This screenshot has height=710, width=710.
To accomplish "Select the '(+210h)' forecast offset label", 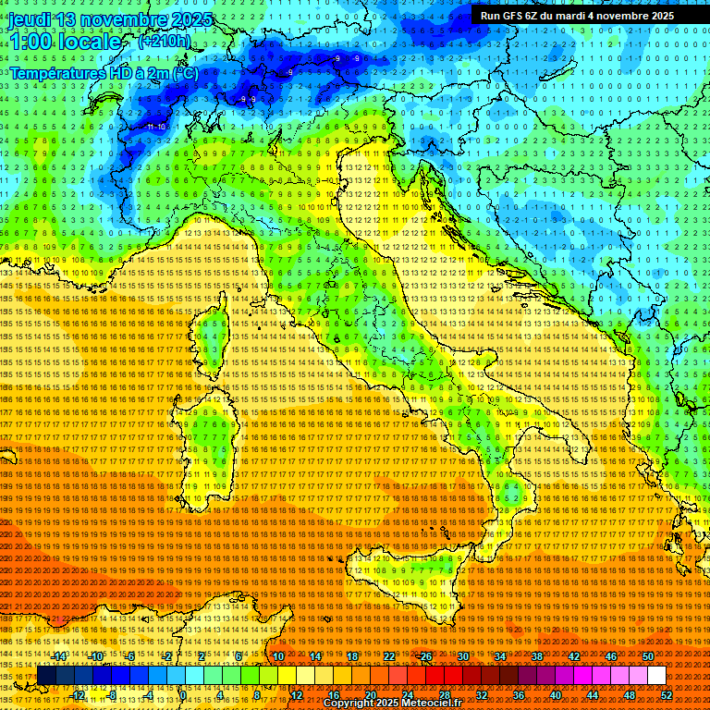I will (165, 42).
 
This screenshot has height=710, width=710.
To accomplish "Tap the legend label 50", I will (648, 656).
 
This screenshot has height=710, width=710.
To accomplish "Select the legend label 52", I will (667, 694).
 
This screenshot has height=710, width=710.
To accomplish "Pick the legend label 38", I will (537, 656).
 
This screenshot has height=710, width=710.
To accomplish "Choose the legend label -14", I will (59, 656).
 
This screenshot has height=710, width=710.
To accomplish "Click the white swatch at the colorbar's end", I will (656, 676).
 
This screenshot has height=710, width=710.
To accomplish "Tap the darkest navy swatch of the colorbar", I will (46, 676).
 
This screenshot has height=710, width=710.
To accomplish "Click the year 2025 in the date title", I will (191, 19).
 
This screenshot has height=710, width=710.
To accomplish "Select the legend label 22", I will (389, 656).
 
